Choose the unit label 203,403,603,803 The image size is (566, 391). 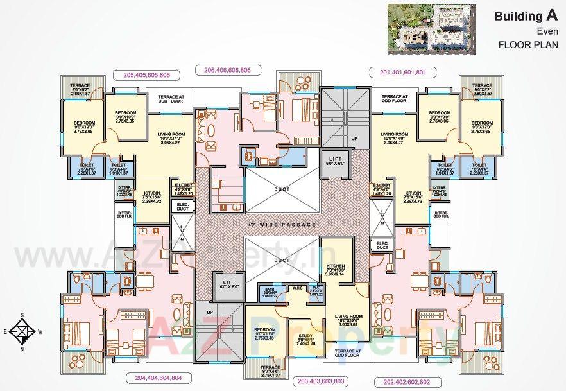coord(322,381)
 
